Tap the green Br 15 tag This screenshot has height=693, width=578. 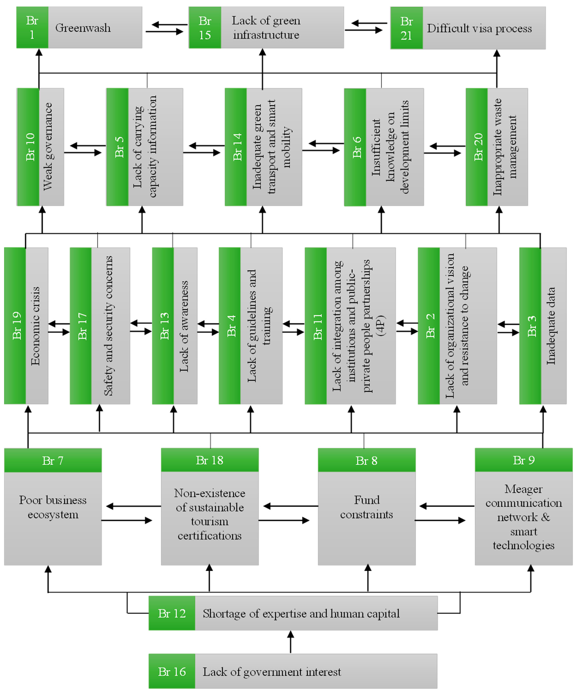205,28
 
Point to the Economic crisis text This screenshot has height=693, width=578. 36,326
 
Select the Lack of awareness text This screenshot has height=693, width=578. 184,326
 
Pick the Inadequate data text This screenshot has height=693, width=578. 551,326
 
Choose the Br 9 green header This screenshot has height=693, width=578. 524,460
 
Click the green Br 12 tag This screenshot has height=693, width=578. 172,613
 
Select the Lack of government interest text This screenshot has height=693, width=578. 272,672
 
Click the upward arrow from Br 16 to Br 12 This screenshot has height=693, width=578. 290,642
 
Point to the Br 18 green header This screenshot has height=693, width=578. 210,460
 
